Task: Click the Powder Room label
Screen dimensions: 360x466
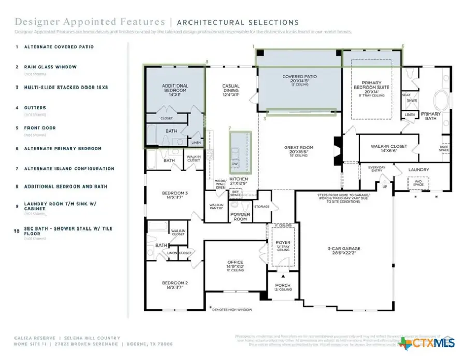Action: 240,217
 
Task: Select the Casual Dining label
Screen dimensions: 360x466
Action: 230,90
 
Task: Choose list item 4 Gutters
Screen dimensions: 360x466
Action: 35,108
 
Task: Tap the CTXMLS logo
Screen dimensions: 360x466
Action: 427,342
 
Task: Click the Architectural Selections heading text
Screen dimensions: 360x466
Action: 238,22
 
